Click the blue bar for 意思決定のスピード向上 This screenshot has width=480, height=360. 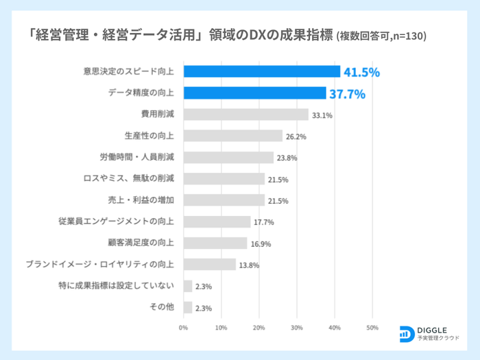[261, 71]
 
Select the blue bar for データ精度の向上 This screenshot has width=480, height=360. [254, 93]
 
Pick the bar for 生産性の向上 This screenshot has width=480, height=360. [232, 136]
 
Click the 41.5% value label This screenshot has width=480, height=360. [361, 72]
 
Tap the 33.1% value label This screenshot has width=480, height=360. [322, 115]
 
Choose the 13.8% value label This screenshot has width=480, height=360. [248, 265]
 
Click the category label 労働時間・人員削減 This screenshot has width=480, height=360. [137, 157]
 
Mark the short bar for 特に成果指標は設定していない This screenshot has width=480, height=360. [187, 286]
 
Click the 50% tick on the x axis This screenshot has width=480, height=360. [372, 328]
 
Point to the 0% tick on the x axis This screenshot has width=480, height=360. [183, 328]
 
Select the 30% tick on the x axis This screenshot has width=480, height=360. [297, 328]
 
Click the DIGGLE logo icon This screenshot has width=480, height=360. [406, 333]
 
